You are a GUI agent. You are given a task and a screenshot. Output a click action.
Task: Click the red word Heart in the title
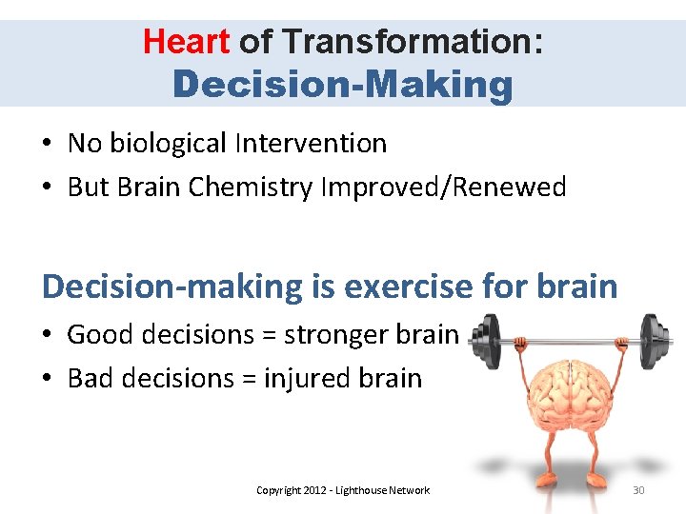[186, 41]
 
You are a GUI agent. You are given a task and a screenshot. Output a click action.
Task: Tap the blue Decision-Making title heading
[343, 84]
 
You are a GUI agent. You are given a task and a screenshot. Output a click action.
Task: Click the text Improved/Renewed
[442, 188]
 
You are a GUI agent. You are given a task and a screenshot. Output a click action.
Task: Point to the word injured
[307, 379]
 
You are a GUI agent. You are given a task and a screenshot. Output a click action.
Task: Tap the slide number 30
[637, 490]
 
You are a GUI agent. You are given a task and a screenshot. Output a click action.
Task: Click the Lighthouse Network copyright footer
[343, 490]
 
